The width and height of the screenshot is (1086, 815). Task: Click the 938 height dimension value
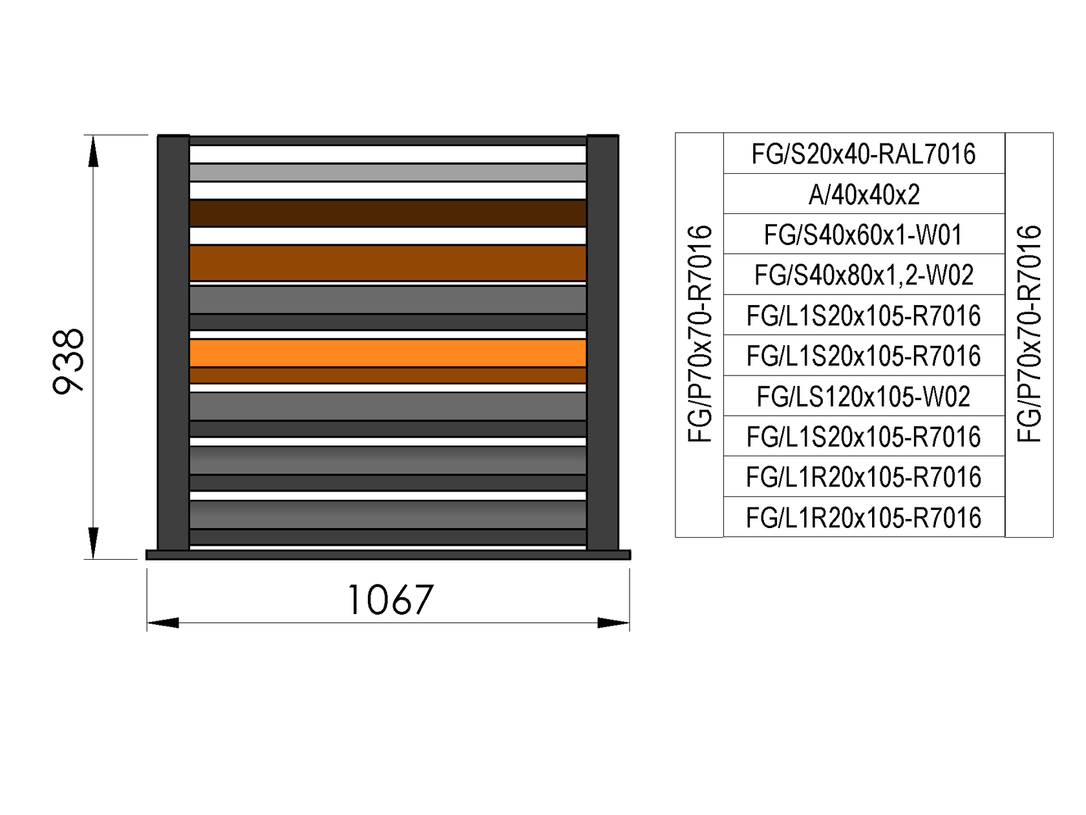69,360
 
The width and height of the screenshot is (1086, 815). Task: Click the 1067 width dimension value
390,600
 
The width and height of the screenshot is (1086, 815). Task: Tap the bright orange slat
388,353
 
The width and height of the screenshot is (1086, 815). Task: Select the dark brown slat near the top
388,213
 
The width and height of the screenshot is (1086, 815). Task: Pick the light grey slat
388,173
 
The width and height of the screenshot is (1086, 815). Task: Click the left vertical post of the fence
173,343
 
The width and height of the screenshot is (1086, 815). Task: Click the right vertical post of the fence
602,343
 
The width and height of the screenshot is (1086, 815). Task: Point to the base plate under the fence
388,555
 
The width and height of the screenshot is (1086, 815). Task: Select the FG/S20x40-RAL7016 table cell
864,154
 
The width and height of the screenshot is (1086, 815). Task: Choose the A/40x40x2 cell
864,194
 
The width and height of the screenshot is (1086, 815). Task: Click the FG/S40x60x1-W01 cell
864,235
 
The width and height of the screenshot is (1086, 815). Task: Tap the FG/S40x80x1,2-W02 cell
864,275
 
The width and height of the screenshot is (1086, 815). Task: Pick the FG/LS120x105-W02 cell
864,396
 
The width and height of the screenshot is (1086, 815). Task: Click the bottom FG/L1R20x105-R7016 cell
864,517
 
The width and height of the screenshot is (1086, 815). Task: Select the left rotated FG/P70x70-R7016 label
699,334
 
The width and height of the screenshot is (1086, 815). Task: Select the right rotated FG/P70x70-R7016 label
1029,334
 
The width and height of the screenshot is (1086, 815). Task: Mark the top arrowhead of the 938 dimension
94,151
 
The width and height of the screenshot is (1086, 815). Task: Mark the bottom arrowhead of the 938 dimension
94,543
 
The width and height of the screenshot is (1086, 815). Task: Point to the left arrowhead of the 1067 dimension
163,623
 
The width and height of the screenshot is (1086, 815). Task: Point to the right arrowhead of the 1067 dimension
613,623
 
